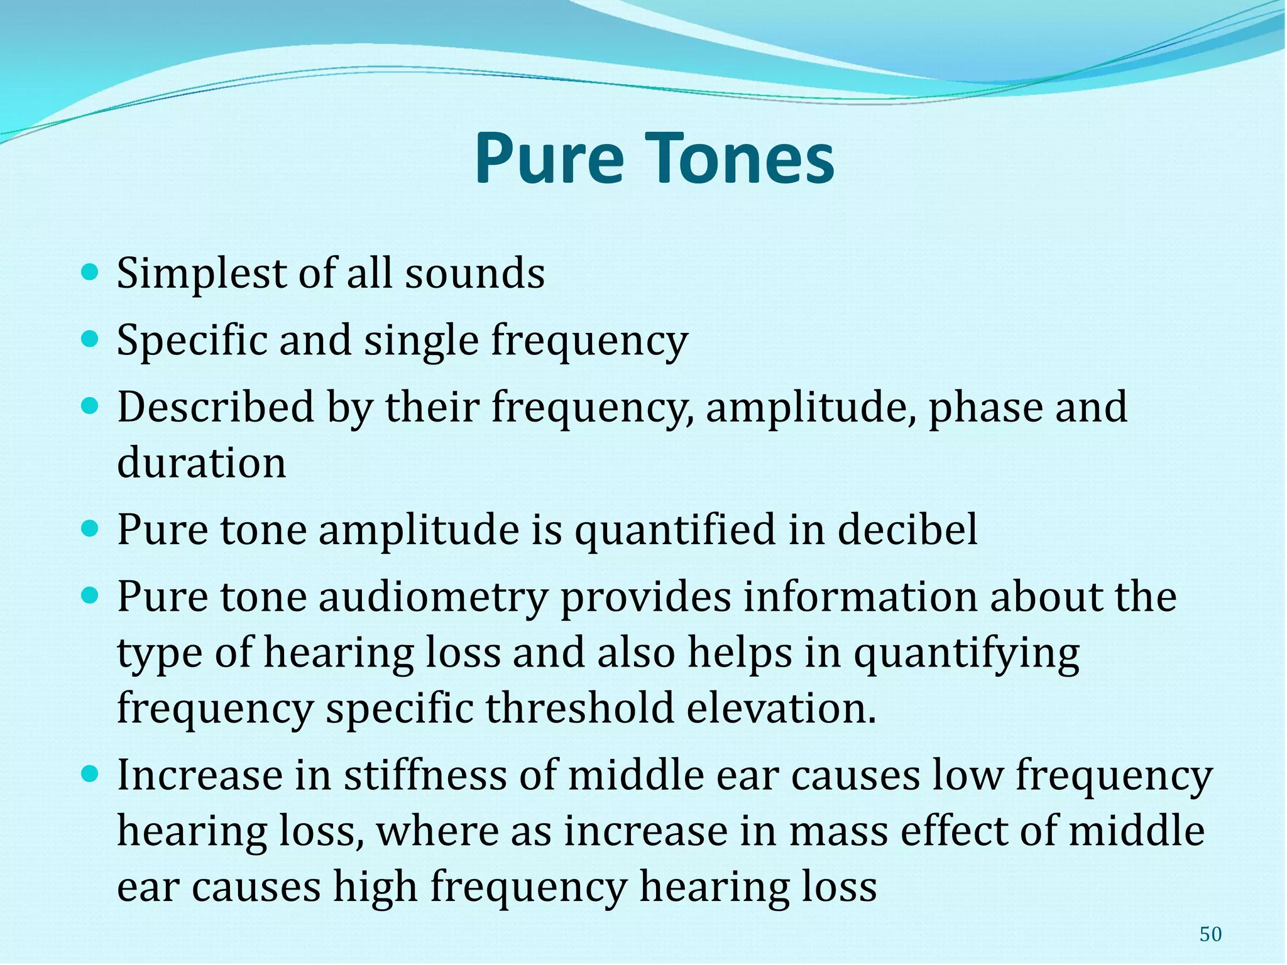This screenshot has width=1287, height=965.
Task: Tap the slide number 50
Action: click(x=1210, y=934)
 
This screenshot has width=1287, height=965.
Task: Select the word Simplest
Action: click(x=202, y=274)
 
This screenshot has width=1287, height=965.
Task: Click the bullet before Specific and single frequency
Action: click(x=90, y=340)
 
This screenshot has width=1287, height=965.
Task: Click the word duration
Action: click(x=202, y=462)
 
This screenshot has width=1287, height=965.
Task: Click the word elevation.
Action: click(x=780, y=707)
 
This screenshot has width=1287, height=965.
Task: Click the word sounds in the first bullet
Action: click(x=474, y=274)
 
